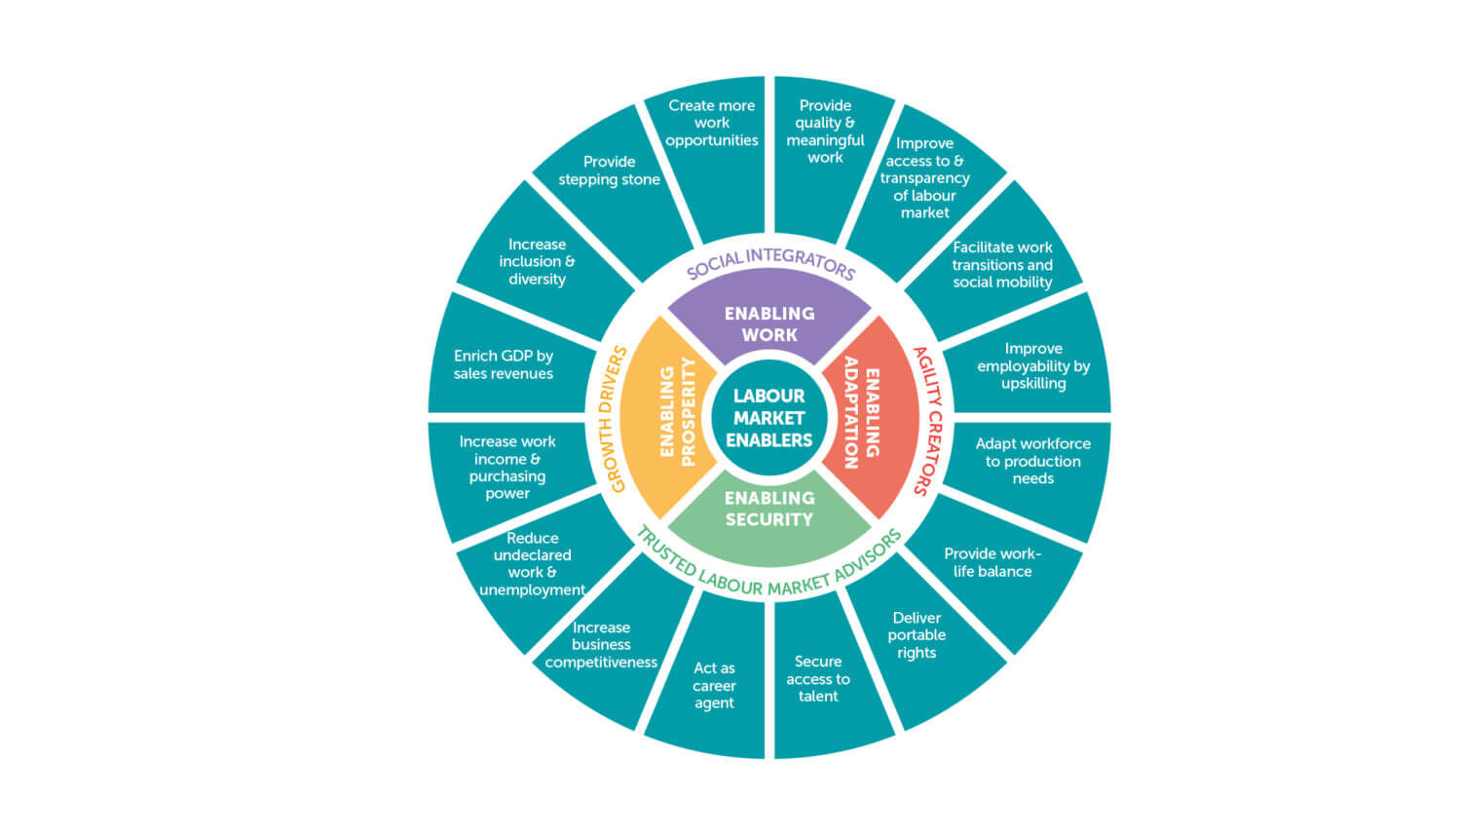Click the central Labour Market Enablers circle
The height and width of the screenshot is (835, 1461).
point(768,418)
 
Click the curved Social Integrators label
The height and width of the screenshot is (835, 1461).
point(769,261)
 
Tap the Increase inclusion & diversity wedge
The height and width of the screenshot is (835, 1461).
point(537,262)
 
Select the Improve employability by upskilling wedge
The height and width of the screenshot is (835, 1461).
point(1032,365)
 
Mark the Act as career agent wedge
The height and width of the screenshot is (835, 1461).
point(714,685)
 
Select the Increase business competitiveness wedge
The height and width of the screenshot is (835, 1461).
point(601,645)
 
